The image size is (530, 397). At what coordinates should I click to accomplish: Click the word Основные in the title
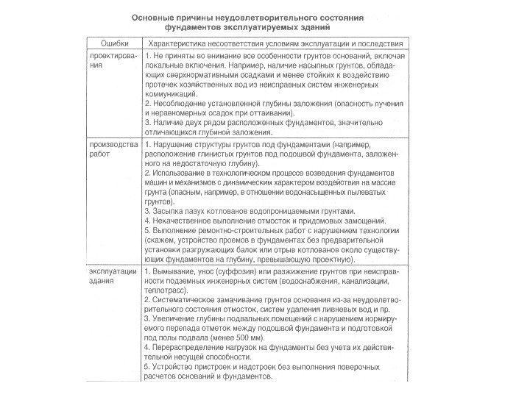tap(155, 15)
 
